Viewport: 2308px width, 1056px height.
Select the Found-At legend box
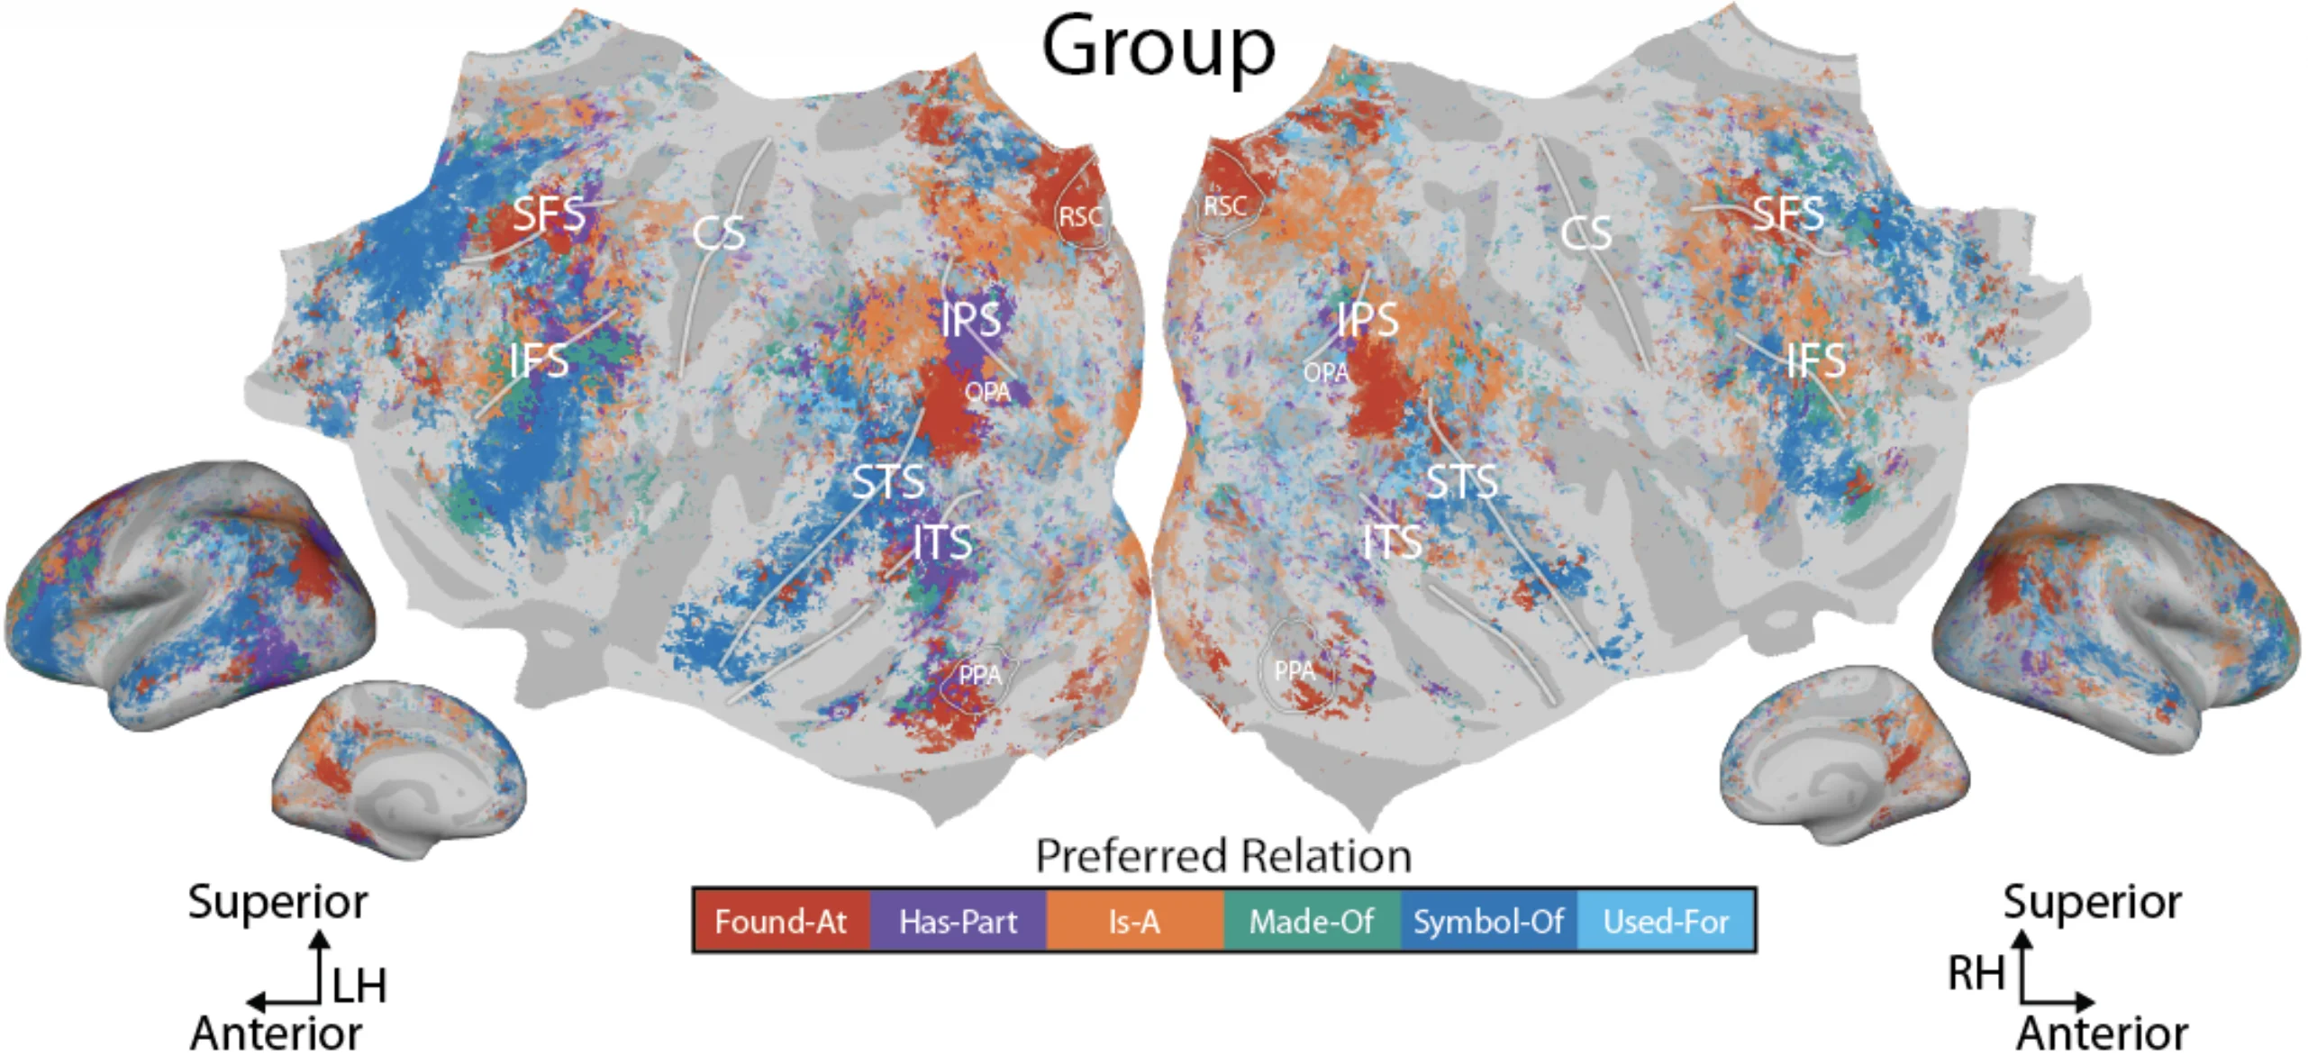click(780, 921)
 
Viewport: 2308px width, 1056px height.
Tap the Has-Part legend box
click(958, 921)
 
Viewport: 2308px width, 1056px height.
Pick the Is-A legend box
click(1134, 921)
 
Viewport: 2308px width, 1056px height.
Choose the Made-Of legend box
click(1311, 921)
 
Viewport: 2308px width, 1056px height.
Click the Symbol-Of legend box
click(1488, 921)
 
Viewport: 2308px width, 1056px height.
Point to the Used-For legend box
click(1666, 921)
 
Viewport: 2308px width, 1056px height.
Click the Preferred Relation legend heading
click(1223, 856)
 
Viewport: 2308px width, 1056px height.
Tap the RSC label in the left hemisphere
click(1080, 217)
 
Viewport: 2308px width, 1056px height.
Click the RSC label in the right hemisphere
click(1225, 206)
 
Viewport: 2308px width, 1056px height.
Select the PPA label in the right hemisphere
click(1295, 670)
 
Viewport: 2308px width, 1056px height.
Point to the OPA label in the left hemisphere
click(987, 392)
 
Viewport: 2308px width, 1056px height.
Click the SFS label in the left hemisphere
click(549, 214)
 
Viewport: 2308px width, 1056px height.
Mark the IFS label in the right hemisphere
click(1815, 361)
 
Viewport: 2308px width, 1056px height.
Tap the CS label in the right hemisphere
click(1586, 233)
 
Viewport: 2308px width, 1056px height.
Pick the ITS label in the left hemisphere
click(941, 542)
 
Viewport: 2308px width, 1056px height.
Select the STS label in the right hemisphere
click(1461, 482)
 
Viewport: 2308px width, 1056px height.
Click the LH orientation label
click(359, 985)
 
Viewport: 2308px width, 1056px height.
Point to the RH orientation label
click(1976, 973)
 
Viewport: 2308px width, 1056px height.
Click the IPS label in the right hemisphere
click(1368, 320)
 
